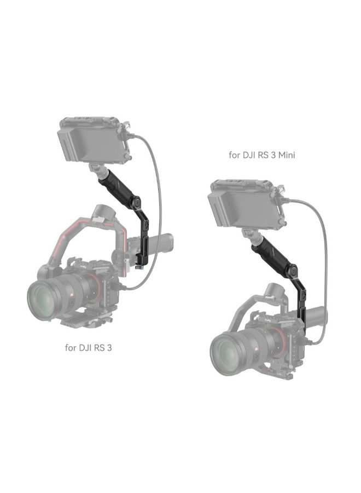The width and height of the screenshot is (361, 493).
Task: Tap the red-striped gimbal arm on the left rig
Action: coord(60,241)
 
